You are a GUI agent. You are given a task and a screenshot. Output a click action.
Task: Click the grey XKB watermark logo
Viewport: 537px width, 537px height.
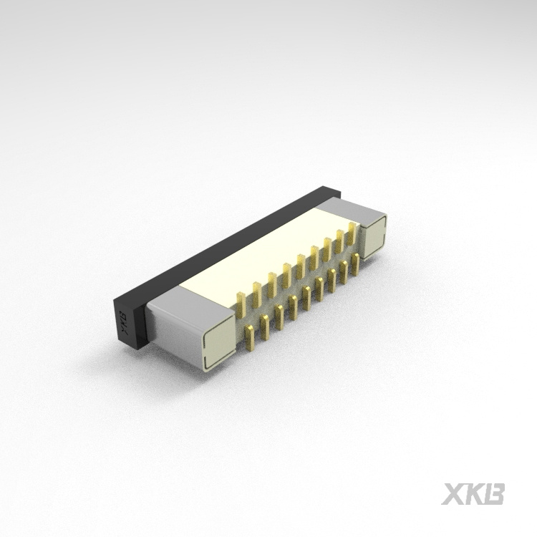(x=473, y=494)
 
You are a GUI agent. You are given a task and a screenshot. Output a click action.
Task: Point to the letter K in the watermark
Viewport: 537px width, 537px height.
(x=474, y=494)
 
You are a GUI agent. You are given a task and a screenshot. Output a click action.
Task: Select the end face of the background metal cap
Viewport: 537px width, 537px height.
(x=373, y=237)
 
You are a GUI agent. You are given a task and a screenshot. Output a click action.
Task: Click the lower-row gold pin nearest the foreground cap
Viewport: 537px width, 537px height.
(x=250, y=337)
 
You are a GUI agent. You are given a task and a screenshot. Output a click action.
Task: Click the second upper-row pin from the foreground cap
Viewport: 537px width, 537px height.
(x=256, y=293)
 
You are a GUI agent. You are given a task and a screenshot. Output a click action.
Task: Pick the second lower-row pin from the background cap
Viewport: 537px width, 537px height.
(x=344, y=271)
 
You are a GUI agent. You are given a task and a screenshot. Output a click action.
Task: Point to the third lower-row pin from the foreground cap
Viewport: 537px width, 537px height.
(x=279, y=316)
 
